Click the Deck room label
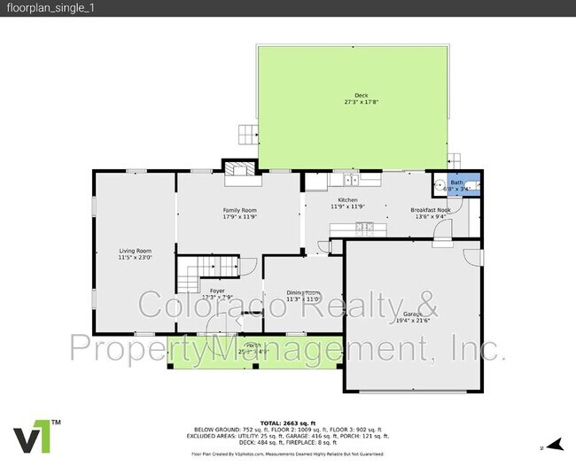(x=361, y=95)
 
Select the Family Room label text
(x=238, y=209)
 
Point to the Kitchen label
(x=347, y=200)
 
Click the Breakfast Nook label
(x=430, y=210)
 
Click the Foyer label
(x=216, y=291)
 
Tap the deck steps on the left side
(x=245, y=134)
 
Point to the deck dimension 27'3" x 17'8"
(x=361, y=102)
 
